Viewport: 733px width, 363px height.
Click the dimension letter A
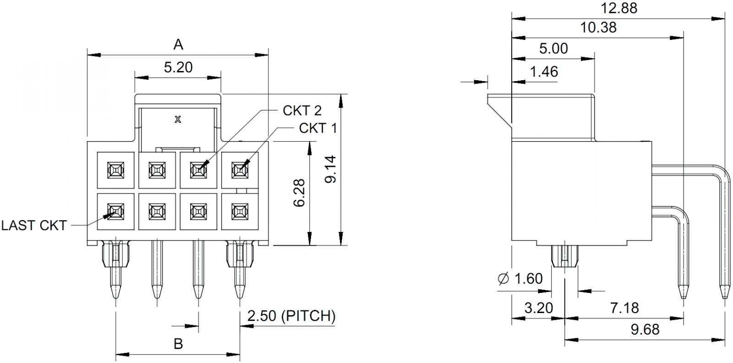point(178,44)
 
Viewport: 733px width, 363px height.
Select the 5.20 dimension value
point(178,67)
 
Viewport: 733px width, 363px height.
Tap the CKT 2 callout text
point(302,110)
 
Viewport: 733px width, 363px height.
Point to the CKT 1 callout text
point(317,128)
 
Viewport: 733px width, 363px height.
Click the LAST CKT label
point(34,225)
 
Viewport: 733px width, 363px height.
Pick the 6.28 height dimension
point(299,193)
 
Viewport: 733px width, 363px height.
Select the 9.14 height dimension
point(330,170)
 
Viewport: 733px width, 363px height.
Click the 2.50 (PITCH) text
point(291,316)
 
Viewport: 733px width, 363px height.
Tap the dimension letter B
point(178,343)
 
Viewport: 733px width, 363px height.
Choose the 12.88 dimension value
point(618,8)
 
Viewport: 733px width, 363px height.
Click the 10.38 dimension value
point(598,27)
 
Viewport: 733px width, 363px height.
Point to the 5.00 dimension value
point(553,49)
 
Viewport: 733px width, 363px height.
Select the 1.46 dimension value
point(544,72)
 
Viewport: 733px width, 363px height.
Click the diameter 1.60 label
point(520,278)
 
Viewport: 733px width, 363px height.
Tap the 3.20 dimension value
point(539,308)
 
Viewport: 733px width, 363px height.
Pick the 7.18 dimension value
point(625,308)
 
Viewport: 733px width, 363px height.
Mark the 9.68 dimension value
point(645,329)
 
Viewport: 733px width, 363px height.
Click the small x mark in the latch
point(178,120)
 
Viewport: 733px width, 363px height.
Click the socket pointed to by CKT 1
point(239,170)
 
